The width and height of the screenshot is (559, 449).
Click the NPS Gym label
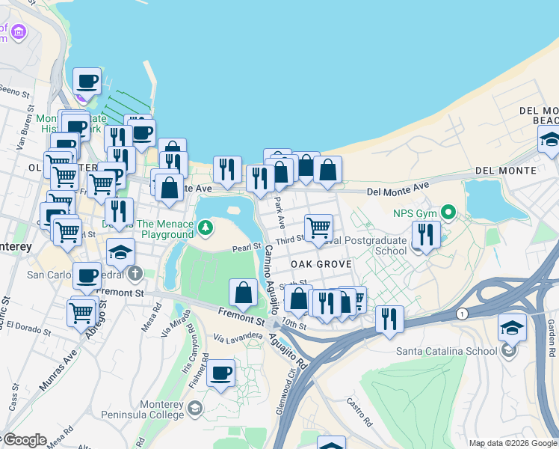[x=414, y=213]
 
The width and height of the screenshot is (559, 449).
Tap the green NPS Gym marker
[x=448, y=213]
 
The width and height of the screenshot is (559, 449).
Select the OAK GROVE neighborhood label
[x=321, y=264]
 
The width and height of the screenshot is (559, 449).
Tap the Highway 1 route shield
[x=464, y=314]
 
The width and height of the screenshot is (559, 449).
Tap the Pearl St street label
[x=246, y=247]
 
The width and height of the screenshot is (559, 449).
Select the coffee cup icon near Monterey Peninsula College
[x=220, y=373]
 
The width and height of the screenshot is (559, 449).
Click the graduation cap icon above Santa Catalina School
[x=512, y=327]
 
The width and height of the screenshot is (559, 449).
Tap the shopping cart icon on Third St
[x=318, y=227]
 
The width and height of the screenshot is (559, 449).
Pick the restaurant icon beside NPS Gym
[x=425, y=235]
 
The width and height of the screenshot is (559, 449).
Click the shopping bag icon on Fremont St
[x=244, y=293]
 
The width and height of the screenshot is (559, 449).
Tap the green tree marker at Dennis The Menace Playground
[x=206, y=225]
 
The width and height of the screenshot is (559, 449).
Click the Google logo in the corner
[x=24, y=440]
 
